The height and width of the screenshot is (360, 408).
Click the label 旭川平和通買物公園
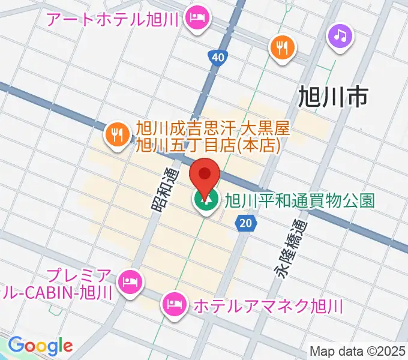click(x=299, y=200)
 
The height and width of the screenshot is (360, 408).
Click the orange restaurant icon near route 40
click(x=282, y=46)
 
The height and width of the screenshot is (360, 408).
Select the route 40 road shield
click(x=218, y=58)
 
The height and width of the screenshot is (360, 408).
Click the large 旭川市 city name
click(x=332, y=96)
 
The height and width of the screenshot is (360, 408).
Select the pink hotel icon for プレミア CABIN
click(x=129, y=280)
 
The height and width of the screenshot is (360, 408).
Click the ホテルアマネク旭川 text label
click(x=267, y=307)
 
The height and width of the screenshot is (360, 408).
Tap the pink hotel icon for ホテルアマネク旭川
click(x=174, y=302)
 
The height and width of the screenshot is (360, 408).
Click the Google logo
click(x=40, y=346)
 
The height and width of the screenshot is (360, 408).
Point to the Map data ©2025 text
click(x=358, y=351)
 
